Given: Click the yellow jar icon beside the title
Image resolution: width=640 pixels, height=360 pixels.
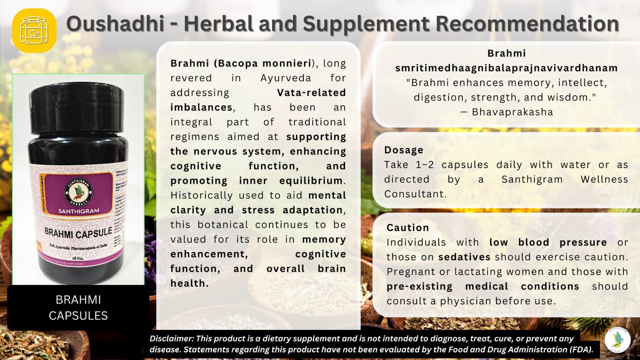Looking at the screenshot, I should tap(34, 30).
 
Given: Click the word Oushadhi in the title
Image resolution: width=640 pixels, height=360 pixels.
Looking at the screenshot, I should tap(115, 24).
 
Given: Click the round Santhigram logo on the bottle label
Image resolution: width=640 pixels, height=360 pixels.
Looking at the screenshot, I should tap(79, 191).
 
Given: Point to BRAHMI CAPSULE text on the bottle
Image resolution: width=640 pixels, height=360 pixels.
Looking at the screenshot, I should tap(78, 233).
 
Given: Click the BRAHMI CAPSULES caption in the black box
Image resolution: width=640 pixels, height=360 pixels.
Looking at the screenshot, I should tap(78, 308).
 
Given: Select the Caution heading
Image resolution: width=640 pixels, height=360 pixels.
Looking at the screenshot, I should tap(407, 228).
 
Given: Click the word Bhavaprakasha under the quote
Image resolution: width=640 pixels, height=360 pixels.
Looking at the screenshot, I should tap(512, 112).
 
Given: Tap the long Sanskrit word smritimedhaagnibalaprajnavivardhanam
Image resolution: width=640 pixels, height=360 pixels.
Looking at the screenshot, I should tap(506, 68).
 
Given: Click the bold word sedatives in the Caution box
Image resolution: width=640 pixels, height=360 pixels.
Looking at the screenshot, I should tap(464, 257).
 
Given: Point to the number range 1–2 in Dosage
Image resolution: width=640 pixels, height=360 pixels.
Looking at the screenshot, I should tap(424, 165).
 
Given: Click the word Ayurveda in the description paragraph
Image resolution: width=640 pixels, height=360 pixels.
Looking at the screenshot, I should tap(285, 78).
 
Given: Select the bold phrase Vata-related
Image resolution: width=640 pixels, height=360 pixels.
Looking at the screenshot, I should tap(311, 93).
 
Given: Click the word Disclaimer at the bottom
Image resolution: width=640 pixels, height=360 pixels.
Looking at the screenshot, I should tap(171, 339).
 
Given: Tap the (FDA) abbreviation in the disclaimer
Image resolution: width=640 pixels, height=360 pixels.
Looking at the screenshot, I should tap(582, 350).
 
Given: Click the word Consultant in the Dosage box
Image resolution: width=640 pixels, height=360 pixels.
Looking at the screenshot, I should tap(415, 194).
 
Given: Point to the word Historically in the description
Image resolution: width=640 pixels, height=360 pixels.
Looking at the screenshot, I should tap(201, 195).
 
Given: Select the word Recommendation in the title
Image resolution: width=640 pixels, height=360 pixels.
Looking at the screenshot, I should tap(527, 24).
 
